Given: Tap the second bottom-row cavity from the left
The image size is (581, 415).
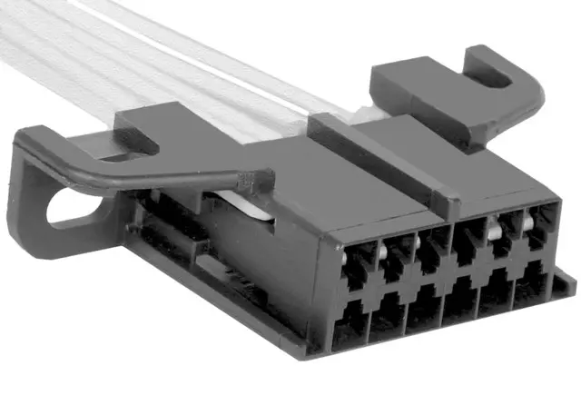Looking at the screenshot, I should (389, 317).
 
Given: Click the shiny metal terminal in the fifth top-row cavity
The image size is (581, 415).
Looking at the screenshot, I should (497, 233).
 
